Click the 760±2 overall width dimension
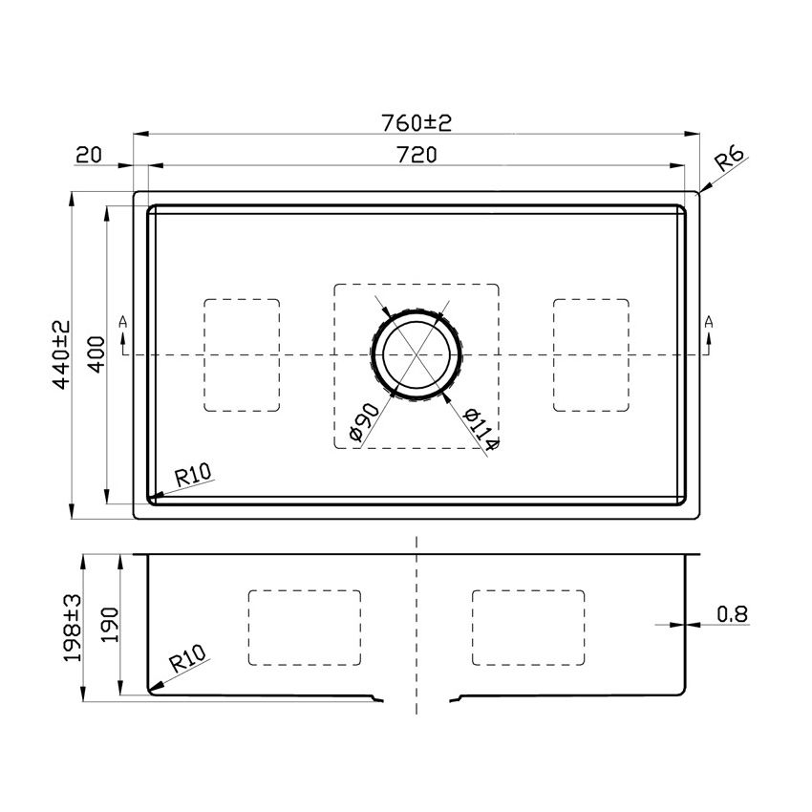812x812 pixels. click(416, 123)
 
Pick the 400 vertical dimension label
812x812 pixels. click(93, 355)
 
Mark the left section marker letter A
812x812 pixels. click(122, 322)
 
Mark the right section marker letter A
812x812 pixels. click(708, 322)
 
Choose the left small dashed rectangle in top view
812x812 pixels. click(243, 355)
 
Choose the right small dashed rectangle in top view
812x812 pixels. click(591, 355)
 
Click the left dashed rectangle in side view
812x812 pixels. click(305, 628)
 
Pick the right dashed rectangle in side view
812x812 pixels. click(528, 628)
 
